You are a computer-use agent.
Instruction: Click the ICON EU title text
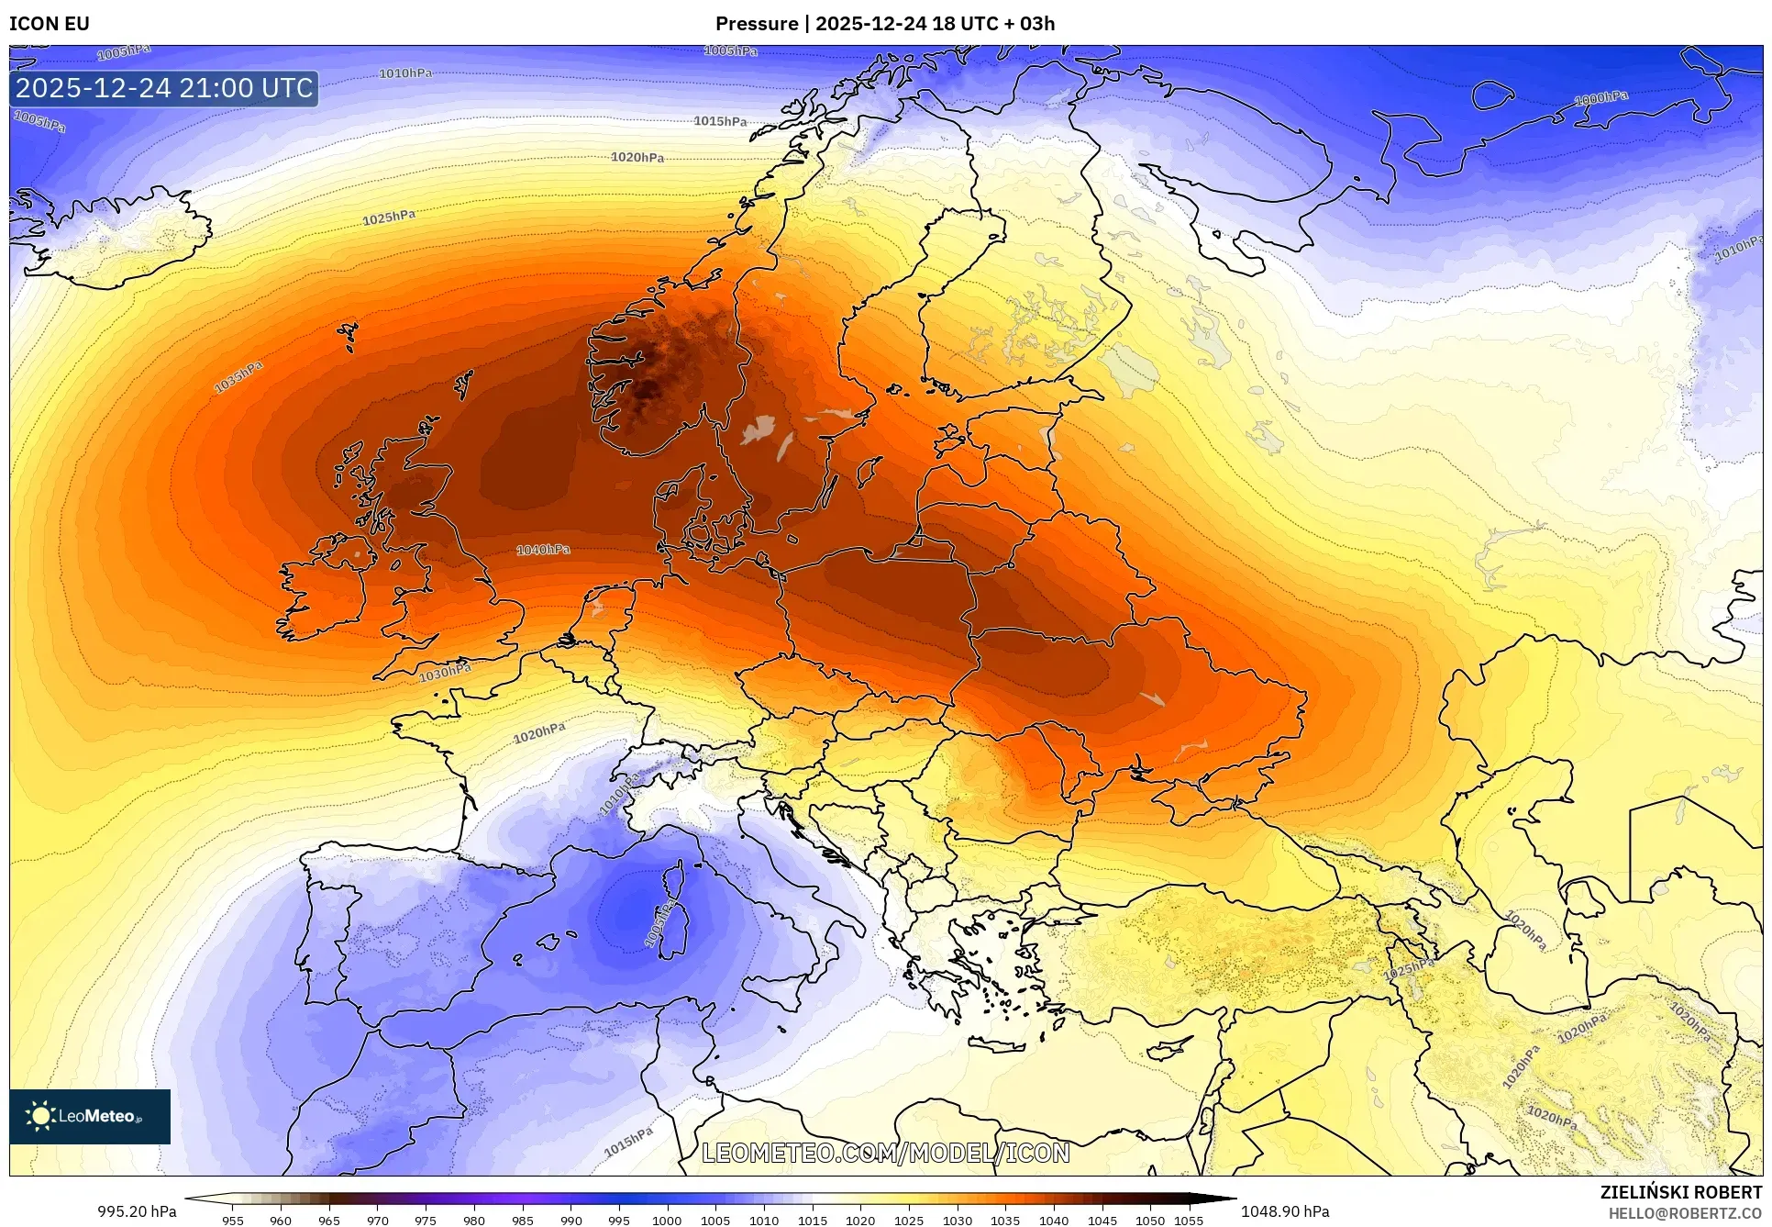[50, 24]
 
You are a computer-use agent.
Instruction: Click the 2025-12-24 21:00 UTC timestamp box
[165, 88]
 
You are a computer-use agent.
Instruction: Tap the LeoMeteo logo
[90, 1116]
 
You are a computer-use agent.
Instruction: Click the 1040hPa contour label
[543, 550]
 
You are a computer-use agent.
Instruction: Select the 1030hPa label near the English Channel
[445, 673]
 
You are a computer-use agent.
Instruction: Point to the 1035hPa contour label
[238, 377]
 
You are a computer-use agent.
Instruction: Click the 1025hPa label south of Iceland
[389, 218]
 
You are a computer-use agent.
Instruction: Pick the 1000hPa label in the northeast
[1601, 98]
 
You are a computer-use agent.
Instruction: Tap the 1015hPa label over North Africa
[628, 1143]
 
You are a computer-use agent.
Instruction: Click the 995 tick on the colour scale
[619, 1221]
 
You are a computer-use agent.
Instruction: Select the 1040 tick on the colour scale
[1054, 1221]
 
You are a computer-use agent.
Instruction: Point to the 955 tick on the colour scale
[233, 1221]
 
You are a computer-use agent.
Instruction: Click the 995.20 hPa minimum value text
[137, 1211]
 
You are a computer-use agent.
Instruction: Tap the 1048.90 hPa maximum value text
[1285, 1211]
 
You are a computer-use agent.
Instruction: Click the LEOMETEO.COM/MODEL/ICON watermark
[885, 1153]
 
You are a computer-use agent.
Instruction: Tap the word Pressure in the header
[757, 24]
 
